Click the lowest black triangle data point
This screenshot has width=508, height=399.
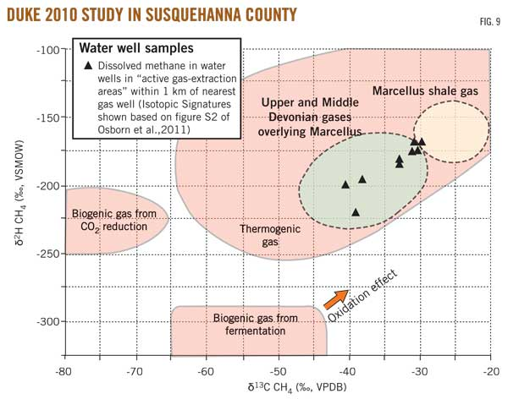pos(356,212)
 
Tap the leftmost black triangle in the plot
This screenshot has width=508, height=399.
pos(345,184)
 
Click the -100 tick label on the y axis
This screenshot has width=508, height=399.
pos(44,50)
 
